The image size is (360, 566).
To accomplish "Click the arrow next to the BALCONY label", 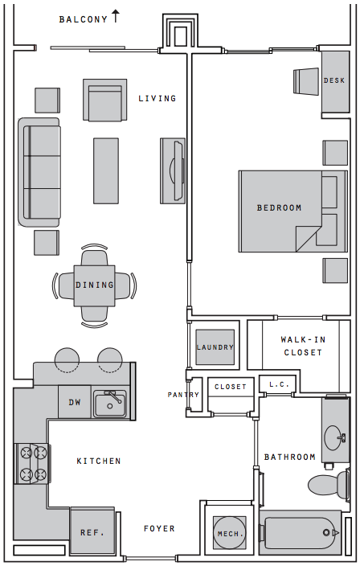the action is tap(116, 16).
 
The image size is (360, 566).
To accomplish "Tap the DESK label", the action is tap(334, 80).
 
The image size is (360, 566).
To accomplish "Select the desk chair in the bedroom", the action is tap(306, 81).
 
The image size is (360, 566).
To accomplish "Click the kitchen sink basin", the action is tap(110, 405).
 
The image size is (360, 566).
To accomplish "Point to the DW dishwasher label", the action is tap(75, 402).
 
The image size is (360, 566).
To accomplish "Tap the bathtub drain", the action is tap(327, 532).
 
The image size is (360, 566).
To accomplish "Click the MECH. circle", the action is tap(229, 534).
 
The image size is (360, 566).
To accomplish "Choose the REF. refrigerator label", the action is tap(92, 533).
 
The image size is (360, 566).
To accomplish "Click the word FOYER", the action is tap(159, 528).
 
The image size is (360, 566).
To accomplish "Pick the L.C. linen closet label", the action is tap(279, 384).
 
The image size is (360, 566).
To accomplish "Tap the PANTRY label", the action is tap(183, 395).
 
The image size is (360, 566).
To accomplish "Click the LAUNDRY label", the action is tap(215, 347).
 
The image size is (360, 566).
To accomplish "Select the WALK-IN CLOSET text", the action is tap(303, 346).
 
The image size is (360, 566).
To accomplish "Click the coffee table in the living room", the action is tap(106, 170).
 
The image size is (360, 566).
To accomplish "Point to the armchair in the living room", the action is tap(105, 100).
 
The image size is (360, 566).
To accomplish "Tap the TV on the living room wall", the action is tap(178, 170).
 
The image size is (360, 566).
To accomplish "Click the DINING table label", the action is tap(95, 285).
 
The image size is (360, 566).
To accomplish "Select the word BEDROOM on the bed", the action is tap(279, 207).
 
